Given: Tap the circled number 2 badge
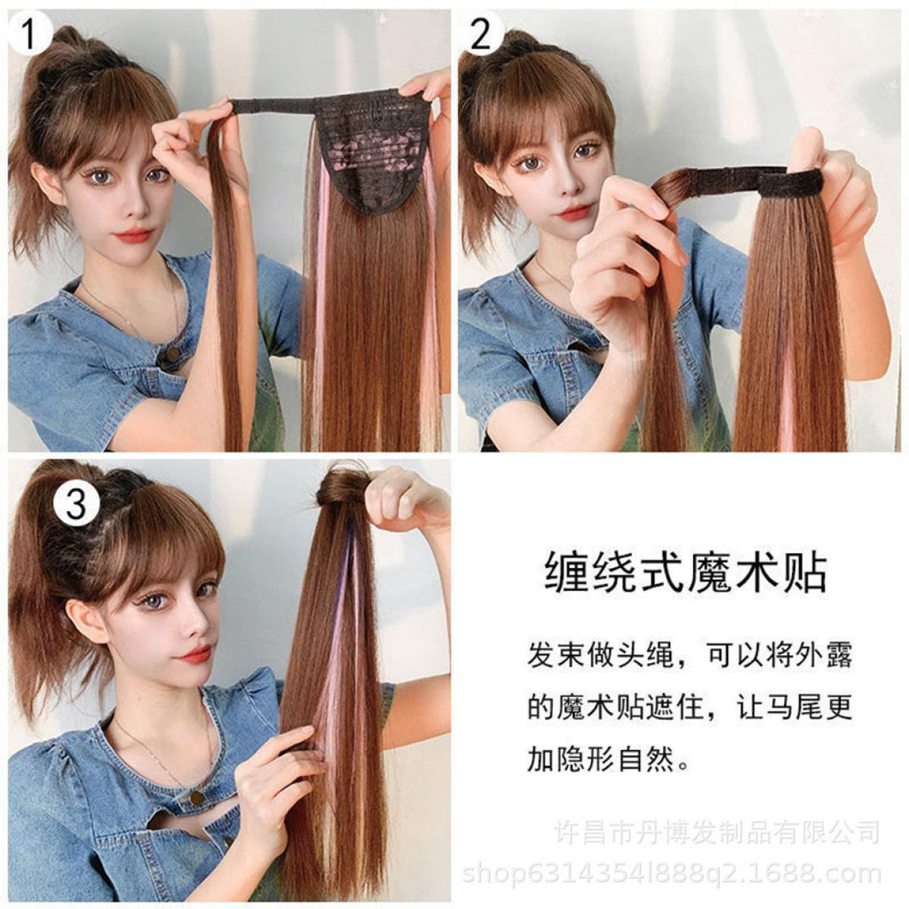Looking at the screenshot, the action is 480,34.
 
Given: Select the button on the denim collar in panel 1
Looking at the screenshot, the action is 172,353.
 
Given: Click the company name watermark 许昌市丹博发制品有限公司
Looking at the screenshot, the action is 716,833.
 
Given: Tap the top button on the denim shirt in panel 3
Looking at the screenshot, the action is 197,798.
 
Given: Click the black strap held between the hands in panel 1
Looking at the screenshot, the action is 273,107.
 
